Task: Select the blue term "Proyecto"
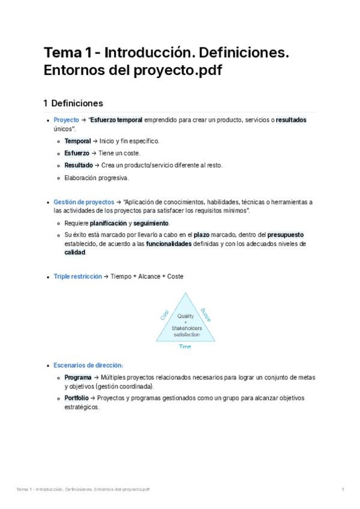(x=66, y=120)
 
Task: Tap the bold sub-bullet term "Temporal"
(x=77, y=141)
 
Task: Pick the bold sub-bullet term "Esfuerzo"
(x=77, y=153)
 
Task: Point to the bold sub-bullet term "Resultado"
(x=79, y=165)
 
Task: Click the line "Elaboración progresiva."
(x=97, y=178)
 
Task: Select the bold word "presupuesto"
(x=286, y=235)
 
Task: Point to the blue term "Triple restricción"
(x=77, y=277)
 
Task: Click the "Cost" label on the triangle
(x=164, y=315)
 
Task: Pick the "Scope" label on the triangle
(x=206, y=315)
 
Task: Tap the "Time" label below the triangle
(x=185, y=347)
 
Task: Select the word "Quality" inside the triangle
(x=185, y=316)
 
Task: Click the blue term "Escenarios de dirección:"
(x=88, y=365)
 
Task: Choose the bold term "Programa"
(x=78, y=378)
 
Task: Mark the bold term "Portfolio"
(x=77, y=398)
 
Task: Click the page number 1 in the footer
(x=343, y=490)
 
